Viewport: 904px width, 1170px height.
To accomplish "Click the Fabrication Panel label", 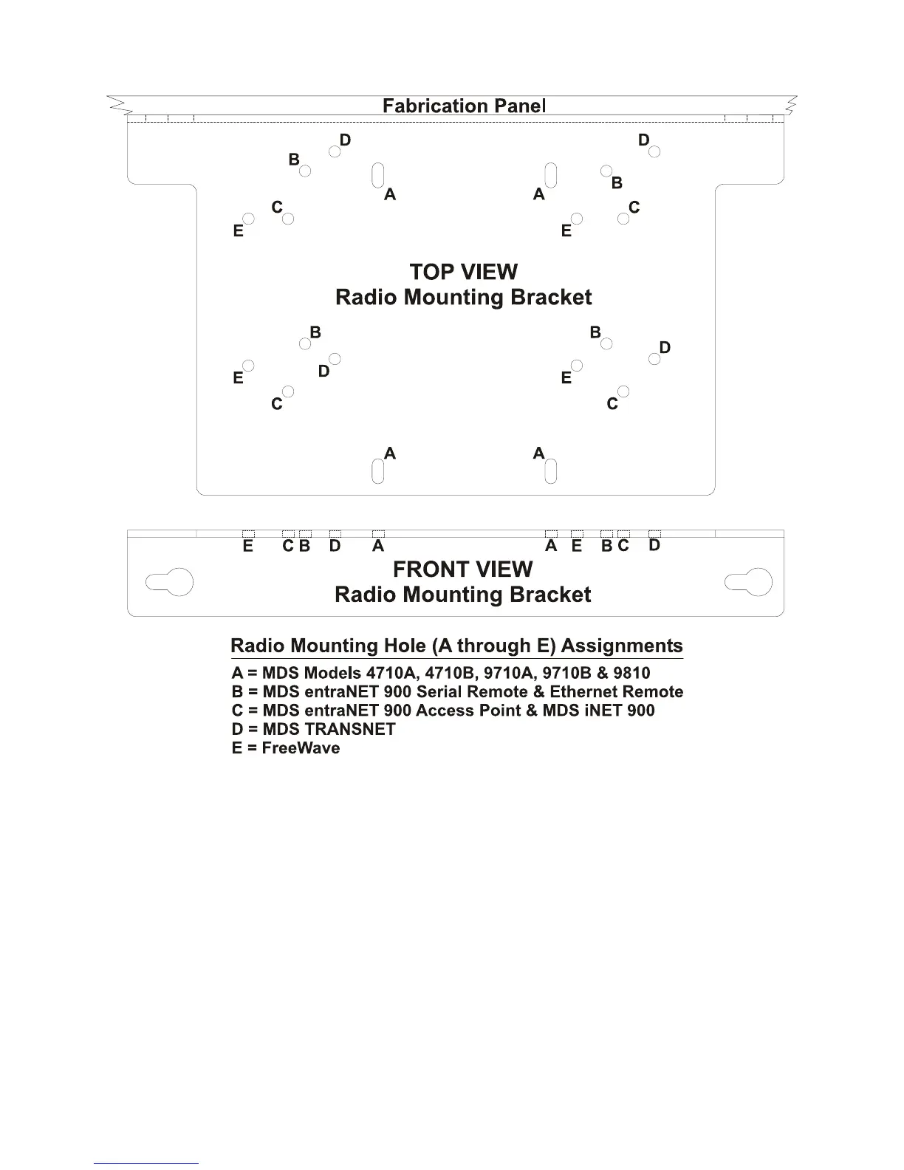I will point(464,106).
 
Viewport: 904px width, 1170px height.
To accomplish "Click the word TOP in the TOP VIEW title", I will point(431,272).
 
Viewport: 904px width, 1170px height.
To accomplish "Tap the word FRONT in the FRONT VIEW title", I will point(428,569).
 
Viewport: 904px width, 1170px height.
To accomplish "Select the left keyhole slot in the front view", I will point(171,583).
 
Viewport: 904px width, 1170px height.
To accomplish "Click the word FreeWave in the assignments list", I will point(301,748).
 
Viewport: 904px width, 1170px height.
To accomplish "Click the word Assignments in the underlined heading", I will point(622,646).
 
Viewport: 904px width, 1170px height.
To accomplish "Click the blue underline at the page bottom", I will point(146,1163).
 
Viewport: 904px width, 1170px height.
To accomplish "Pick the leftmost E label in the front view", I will point(248,546).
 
